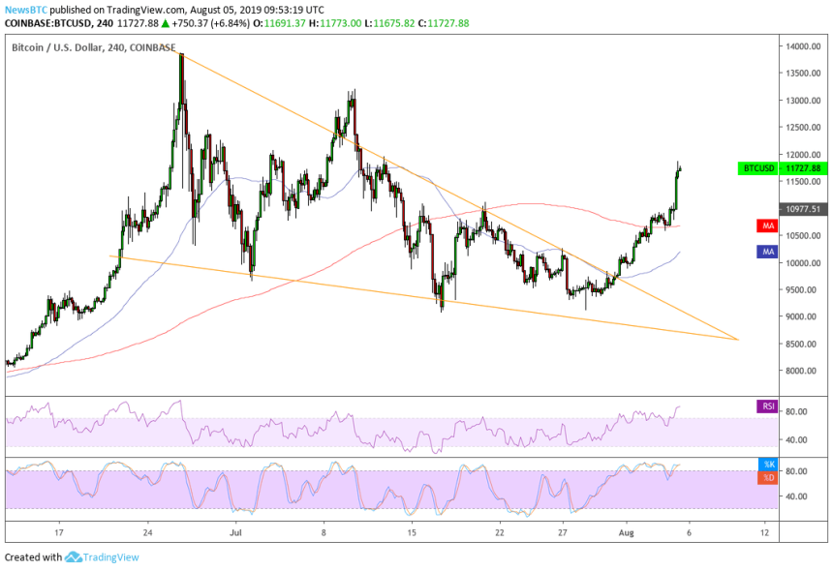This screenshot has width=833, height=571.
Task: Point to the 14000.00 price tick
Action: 799,45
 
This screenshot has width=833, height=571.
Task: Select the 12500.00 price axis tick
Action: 799,127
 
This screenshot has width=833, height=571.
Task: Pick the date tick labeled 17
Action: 59,532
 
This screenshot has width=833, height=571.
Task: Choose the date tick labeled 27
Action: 563,532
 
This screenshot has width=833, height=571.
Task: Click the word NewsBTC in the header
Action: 21,10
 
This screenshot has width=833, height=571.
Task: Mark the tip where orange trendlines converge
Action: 738,340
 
